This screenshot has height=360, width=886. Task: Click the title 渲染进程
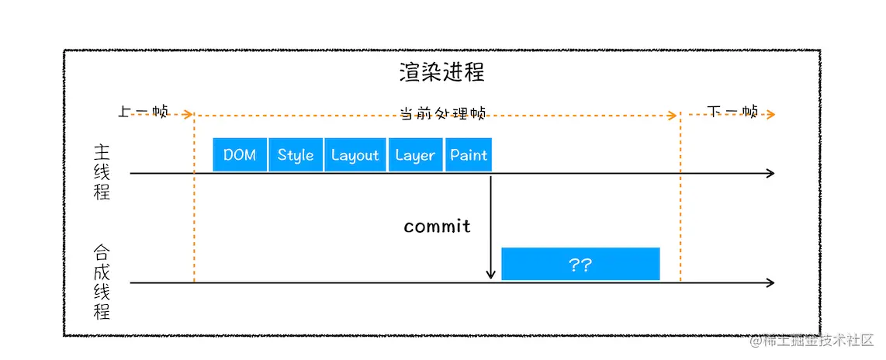441,73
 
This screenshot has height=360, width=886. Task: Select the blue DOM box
240,155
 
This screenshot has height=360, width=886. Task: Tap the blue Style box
296,155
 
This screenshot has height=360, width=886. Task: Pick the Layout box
355,155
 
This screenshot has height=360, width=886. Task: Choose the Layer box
415,155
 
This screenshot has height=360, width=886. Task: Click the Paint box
469,155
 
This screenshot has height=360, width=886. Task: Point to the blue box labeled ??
580,265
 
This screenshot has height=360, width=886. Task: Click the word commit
437,227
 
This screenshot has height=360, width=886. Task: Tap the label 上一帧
143,112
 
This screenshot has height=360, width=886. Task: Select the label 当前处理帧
442,113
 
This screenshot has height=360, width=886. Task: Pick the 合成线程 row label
102,282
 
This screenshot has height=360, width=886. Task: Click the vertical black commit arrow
491,225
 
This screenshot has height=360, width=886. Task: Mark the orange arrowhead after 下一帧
771,115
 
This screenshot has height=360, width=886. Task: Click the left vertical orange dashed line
194,202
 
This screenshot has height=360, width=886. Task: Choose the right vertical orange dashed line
680,202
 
